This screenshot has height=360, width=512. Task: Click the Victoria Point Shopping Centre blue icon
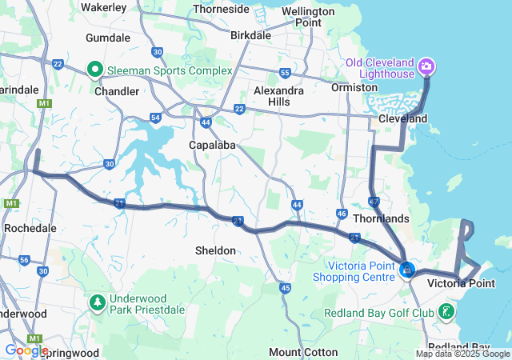click(x=407, y=270)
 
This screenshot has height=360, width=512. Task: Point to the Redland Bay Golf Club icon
click(x=446, y=313)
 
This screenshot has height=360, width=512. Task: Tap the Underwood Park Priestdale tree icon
click(x=97, y=302)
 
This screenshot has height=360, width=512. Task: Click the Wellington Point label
click(x=308, y=17)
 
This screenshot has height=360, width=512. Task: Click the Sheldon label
click(x=215, y=250)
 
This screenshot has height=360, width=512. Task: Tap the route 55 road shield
click(x=285, y=74)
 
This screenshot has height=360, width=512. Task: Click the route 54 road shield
click(x=155, y=118)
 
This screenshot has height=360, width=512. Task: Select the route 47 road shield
click(x=374, y=202)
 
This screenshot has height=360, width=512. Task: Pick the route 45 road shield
click(x=285, y=287)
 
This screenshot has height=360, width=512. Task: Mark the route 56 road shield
click(x=24, y=260)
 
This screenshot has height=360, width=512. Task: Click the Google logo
click(x=26, y=350)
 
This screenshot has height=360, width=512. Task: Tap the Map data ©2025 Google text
click(x=462, y=354)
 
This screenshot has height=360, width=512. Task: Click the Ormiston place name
click(x=354, y=86)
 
